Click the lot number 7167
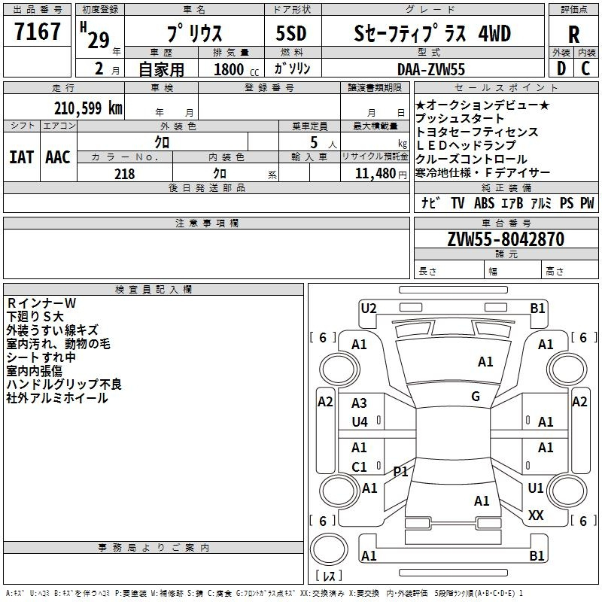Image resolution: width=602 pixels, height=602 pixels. click(37, 31)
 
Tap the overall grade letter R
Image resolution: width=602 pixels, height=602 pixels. click(573, 34)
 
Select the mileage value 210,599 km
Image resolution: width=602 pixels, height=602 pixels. click(88, 108)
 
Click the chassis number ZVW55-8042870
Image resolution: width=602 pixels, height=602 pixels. click(506, 239)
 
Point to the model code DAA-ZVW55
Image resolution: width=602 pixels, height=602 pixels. click(430, 69)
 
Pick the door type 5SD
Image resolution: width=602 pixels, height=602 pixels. click(291, 33)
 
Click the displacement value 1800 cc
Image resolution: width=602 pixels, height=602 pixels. click(236, 69)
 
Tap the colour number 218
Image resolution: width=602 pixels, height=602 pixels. click(124, 174)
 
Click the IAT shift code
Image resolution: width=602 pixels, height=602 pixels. click(22, 157)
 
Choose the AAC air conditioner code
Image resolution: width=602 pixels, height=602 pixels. click(58, 157)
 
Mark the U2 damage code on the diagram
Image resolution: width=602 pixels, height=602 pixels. click(369, 308)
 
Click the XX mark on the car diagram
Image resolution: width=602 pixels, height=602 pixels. click(536, 515)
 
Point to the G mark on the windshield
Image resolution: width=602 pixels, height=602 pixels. click(476, 396)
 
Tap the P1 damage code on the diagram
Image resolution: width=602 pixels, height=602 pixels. click(400, 471)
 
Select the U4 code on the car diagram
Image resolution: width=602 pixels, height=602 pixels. click(360, 422)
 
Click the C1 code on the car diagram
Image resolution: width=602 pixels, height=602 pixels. click(359, 467)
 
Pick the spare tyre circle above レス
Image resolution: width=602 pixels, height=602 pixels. click(329, 549)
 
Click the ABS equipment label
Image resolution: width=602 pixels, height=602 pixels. click(484, 202)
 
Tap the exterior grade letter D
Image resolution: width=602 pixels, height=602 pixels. click(561, 68)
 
